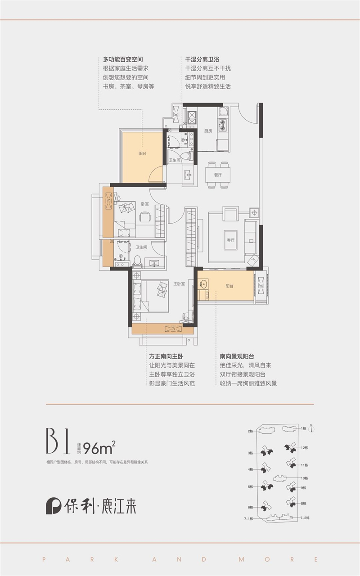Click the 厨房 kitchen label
(x=207, y=131)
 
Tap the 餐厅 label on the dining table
(x=218, y=175)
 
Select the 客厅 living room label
(x=231, y=240)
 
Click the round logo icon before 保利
(x=53, y=506)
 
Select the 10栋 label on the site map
(x=304, y=478)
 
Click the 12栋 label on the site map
(x=304, y=448)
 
